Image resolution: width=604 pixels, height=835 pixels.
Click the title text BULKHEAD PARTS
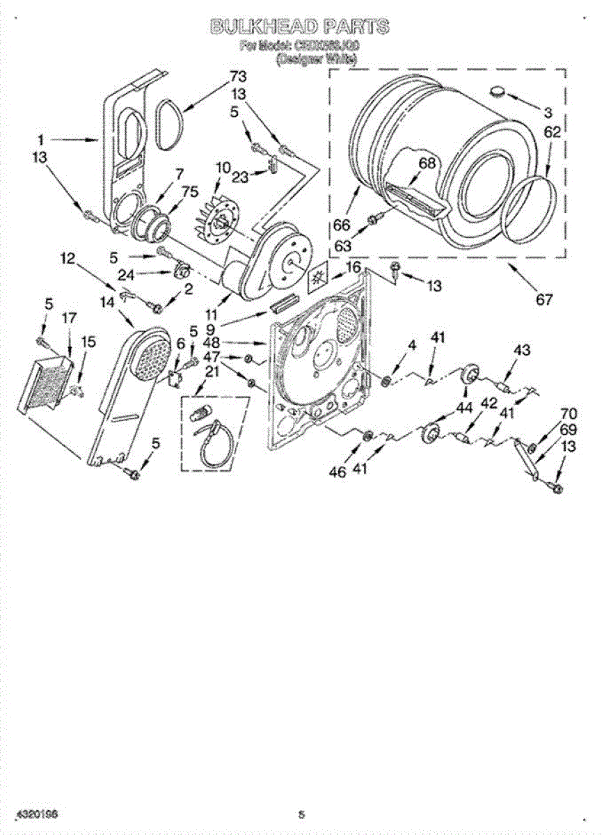(x=299, y=28)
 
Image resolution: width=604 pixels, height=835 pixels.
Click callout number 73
(x=239, y=76)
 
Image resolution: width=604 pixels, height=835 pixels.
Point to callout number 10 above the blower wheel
(x=223, y=168)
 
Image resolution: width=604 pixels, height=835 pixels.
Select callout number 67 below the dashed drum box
(x=543, y=300)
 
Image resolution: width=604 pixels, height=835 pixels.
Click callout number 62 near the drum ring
(x=553, y=132)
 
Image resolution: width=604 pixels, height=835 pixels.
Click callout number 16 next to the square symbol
(x=353, y=268)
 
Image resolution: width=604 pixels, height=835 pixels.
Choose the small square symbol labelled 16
(x=319, y=276)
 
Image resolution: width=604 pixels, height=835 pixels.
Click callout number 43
(x=522, y=349)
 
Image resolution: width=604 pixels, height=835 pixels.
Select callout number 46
(x=337, y=471)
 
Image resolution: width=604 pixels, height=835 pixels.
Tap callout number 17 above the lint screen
(x=69, y=318)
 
